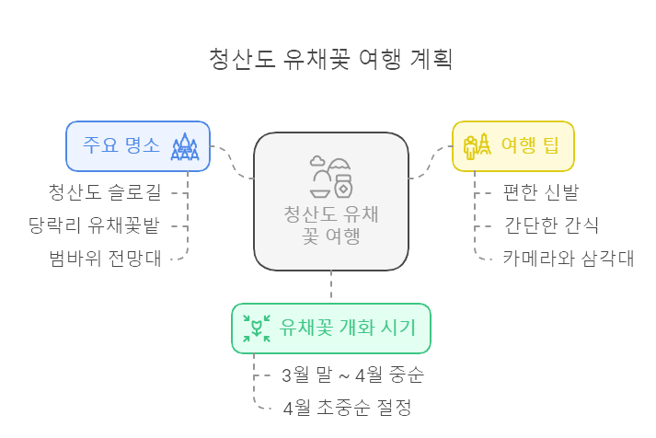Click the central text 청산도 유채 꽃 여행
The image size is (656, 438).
[331, 226]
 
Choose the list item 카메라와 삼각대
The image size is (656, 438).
[568, 258]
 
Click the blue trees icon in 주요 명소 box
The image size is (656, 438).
[186, 146]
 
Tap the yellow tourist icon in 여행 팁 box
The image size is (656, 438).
[476, 146]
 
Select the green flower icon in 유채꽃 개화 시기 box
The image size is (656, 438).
[256, 328]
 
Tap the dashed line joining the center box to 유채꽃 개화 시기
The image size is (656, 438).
[331, 286]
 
